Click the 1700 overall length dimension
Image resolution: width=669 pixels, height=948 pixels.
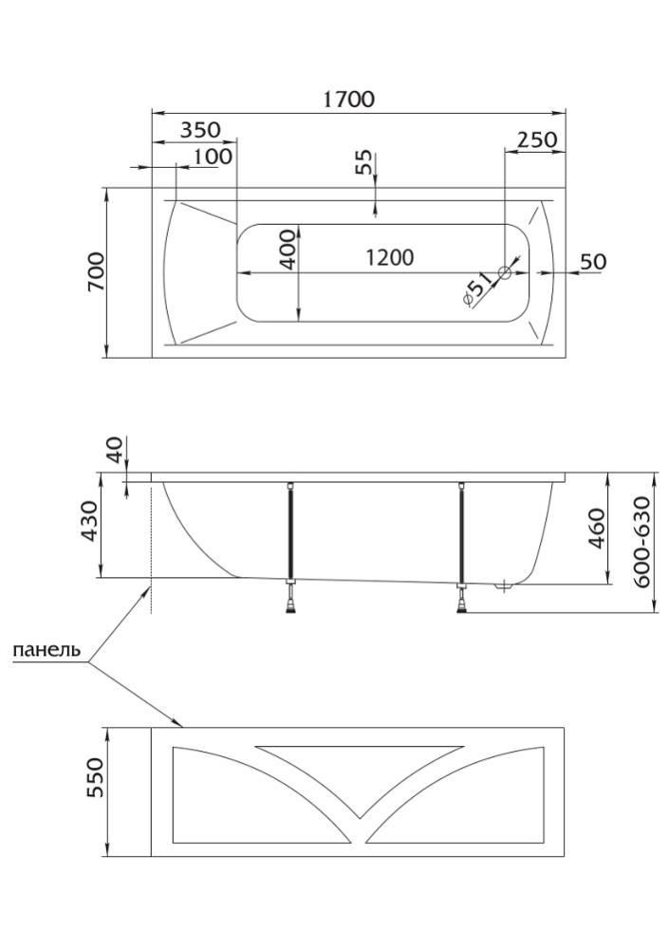348,98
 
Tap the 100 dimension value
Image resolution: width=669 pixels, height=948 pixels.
213,156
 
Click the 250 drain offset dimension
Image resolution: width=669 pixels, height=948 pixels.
536,139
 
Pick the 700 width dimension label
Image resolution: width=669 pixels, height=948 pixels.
97,273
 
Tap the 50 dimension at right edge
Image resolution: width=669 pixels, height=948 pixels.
592,261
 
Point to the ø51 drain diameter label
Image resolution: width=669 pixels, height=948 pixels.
476,288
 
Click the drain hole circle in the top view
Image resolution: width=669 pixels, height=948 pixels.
504,272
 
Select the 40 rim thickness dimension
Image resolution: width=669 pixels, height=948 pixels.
115,451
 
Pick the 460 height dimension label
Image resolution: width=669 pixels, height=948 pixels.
596,528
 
